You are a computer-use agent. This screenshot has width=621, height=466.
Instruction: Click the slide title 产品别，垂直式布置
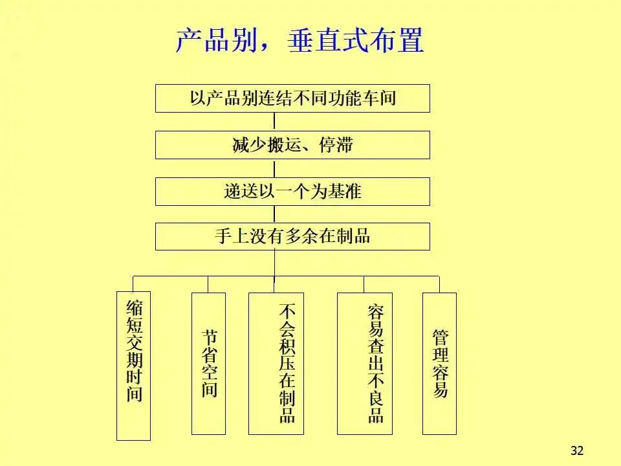click(299, 41)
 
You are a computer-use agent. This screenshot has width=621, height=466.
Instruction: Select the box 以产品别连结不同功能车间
click(292, 98)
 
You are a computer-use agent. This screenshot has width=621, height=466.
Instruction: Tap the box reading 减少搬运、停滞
click(292, 145)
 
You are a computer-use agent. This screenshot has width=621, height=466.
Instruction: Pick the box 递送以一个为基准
click(292, 192)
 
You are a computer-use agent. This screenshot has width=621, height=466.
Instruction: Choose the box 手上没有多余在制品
click(292, 236)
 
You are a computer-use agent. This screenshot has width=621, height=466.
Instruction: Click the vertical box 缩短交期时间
click(133, 366)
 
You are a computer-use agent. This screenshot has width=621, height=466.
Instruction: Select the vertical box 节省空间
click(208, 363)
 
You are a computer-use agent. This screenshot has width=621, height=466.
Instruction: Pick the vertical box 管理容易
click(439, 363)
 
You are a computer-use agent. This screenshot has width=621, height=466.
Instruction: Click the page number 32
click(577, 450)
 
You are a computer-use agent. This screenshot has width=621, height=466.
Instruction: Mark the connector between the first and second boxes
click(274, 122)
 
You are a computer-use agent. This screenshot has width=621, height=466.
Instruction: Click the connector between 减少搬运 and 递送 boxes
click(274, 168)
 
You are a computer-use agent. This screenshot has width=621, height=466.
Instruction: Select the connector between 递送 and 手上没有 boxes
click(274, 214)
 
